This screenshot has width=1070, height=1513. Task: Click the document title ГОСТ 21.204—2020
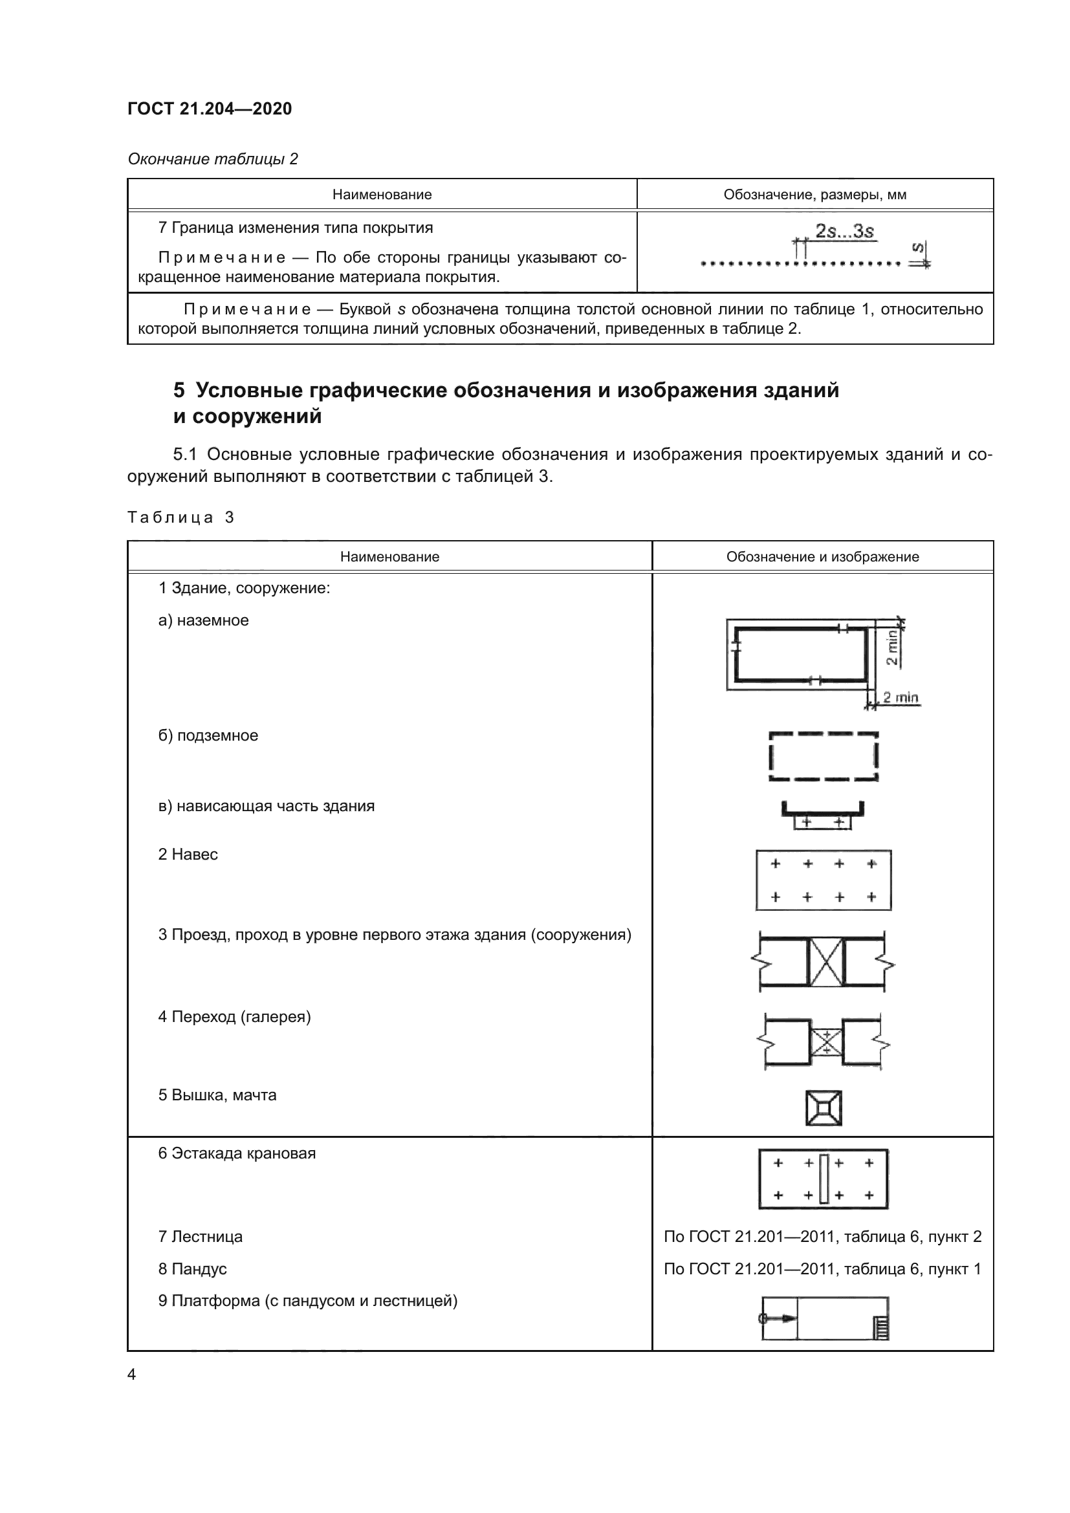coord(210,109)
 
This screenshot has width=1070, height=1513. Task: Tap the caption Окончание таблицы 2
coord(213,159)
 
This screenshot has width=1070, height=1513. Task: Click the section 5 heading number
coord(179,390)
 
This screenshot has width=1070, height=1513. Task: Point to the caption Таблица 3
coord(180,517)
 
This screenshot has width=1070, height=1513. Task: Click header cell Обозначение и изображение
coord(822,557)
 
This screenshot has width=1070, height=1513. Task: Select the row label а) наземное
coord(204,621)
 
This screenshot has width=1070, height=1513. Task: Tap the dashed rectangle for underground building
coord(824,757)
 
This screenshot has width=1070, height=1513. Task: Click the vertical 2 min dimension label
coord(891,647)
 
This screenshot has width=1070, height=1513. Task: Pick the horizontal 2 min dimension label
coord(901,697)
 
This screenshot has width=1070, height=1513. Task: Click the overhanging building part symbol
coord(823,814)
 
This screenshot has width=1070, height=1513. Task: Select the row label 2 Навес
coord(188,854)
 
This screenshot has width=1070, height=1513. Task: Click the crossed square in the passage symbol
coord(825,962)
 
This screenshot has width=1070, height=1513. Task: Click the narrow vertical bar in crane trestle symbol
coord(824,1179)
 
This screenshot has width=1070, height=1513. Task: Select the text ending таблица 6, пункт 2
coord(822,1237)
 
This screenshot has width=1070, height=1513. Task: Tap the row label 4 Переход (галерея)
coord(234,1017)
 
